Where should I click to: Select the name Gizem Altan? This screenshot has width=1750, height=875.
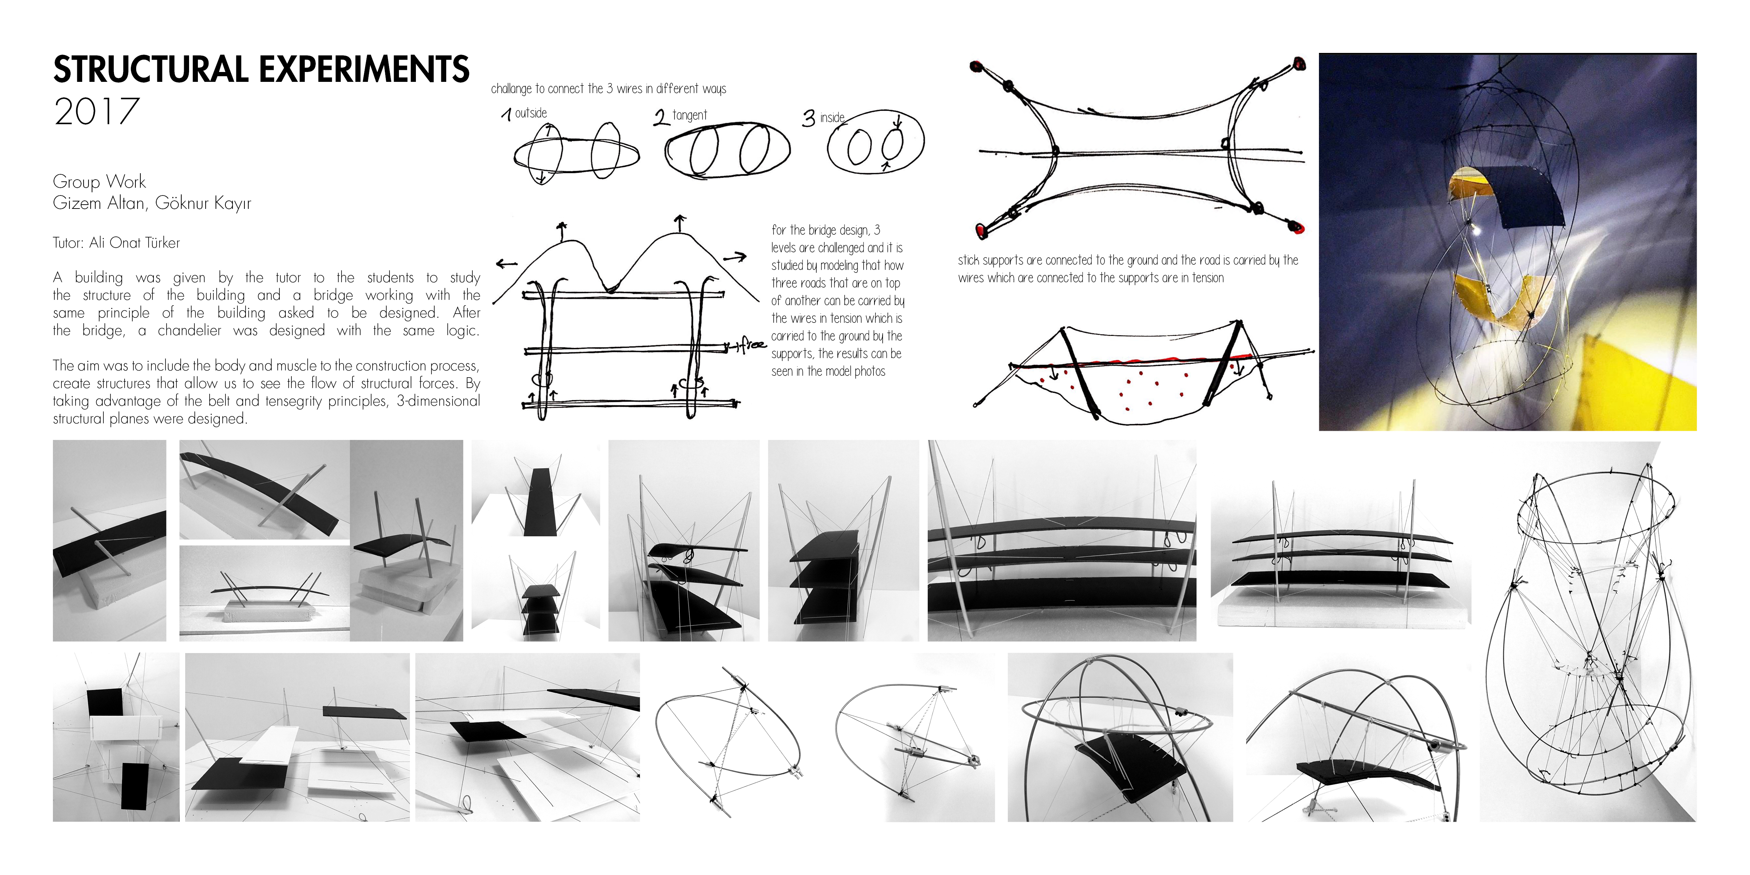coord(98,203)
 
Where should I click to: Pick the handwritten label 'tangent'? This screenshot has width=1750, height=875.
coord(690,115)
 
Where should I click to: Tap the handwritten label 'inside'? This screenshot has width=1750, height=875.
coord(832,118)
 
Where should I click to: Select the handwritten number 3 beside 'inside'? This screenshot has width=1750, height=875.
coord(808,119)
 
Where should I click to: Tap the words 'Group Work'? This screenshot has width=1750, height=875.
coord(99,182)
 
